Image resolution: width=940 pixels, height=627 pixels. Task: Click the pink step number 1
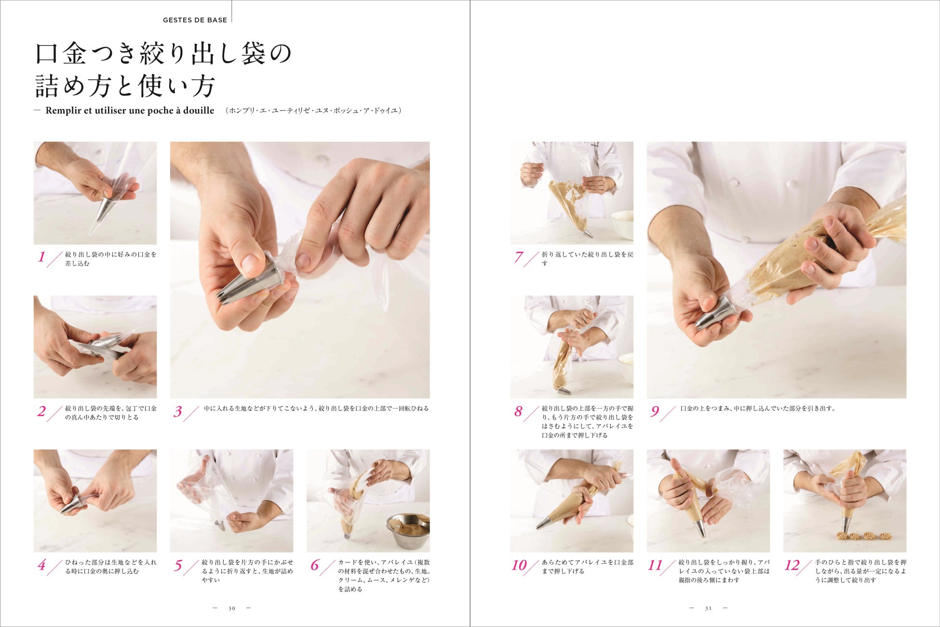click(42, 257)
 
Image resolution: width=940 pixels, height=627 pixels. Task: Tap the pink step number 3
click(178, 411)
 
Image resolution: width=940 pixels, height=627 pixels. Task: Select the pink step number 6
click(315, 565)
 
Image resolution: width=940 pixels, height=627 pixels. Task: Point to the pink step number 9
click(655, 411)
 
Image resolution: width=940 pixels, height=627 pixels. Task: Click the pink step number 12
click(792, 565)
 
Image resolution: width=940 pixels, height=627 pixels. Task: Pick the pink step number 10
click(519, 565)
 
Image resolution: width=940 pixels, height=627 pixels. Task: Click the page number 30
click(232, 608)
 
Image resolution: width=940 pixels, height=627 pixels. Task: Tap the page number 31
click(708, 608)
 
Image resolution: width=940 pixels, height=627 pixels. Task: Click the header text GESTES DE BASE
click(195, 20)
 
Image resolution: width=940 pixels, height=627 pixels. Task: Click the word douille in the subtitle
click(199, 110)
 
